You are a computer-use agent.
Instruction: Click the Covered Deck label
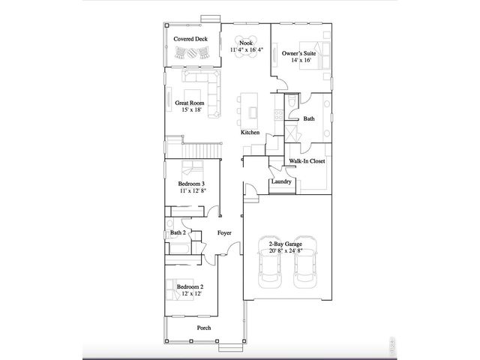[190, 38]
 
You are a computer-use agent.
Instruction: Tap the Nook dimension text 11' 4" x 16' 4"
[244, 50]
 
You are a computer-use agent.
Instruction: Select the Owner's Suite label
[298, 54]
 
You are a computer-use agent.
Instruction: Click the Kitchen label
[250, 133]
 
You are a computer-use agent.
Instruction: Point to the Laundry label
[280, 181]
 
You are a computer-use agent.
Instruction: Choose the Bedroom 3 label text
[191, 184]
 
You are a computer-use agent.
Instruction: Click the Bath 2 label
[178, 233]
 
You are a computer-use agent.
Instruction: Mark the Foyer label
[223, 233]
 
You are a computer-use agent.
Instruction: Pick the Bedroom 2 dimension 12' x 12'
[190, 294]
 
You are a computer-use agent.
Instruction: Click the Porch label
[203, 328]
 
